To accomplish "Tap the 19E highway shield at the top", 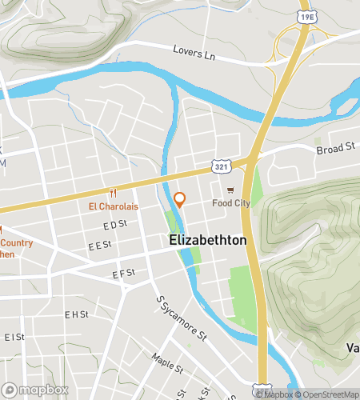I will tap(306, 15).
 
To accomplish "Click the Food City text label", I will tap(231, 203).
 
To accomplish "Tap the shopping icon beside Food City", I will tap(231, 190).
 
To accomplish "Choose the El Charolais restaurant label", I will tap(113, 206).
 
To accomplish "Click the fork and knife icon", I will tap(113, 193).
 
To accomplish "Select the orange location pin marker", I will tap(180, 200).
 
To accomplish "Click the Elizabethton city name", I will tap(207, 240).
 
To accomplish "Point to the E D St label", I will tap(115, 225).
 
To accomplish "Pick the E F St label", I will tap(124, 274).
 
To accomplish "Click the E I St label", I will tap(14, 337).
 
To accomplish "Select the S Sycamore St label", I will tap(180, 316).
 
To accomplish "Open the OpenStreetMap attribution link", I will tap(327, 394).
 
